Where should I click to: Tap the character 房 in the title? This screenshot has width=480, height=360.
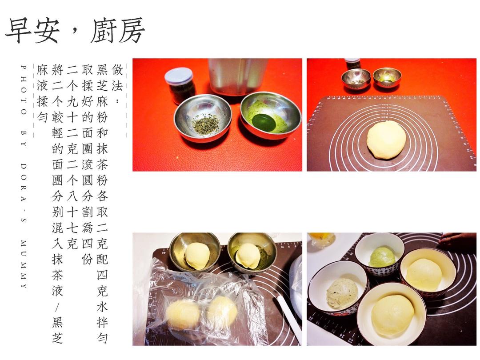point(130,31)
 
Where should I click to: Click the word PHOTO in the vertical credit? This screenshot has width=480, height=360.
point(24,89)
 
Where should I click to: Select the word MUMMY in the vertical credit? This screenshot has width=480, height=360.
point(24,264)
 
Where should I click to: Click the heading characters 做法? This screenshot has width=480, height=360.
point(117,78)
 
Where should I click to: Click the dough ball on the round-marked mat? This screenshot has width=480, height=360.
point(386,140)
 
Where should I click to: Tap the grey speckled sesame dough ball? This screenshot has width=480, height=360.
point(342,293)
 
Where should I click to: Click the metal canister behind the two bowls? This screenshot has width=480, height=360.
point(238,76)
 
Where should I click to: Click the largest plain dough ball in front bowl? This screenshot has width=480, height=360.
point(393,315)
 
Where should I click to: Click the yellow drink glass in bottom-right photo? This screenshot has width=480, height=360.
point(321,240)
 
